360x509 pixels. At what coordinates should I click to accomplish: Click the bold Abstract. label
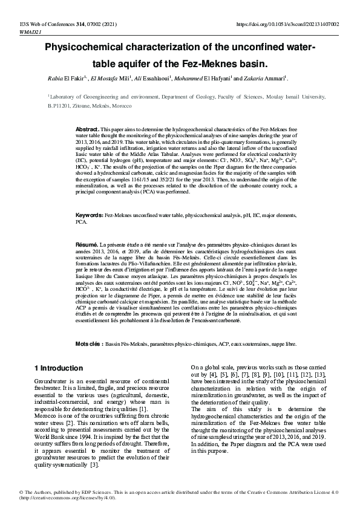coord(87,130)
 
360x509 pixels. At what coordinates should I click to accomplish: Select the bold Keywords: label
coord(89,215)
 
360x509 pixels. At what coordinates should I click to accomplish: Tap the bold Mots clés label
coord(88,343)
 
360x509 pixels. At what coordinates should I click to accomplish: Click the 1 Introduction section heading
coord(59,368)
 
